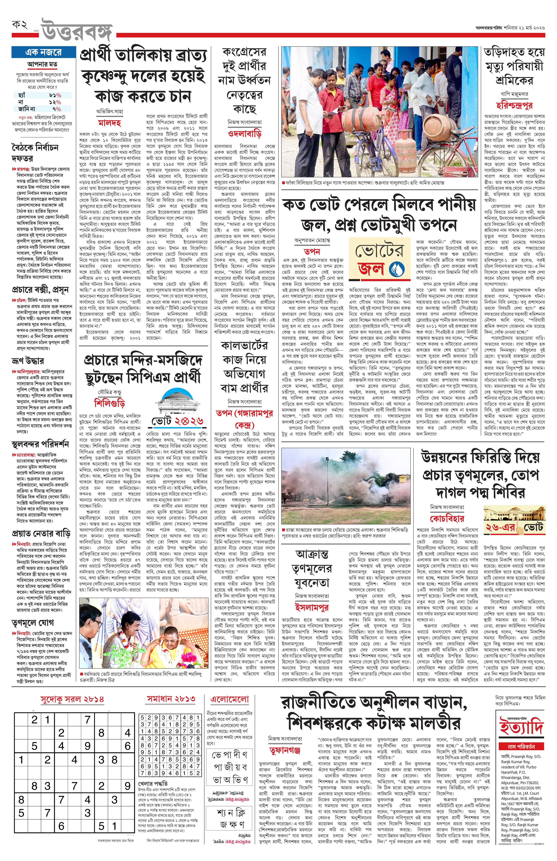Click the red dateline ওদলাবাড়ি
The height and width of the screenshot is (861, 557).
pyautogui.click(x=245, y=133)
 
